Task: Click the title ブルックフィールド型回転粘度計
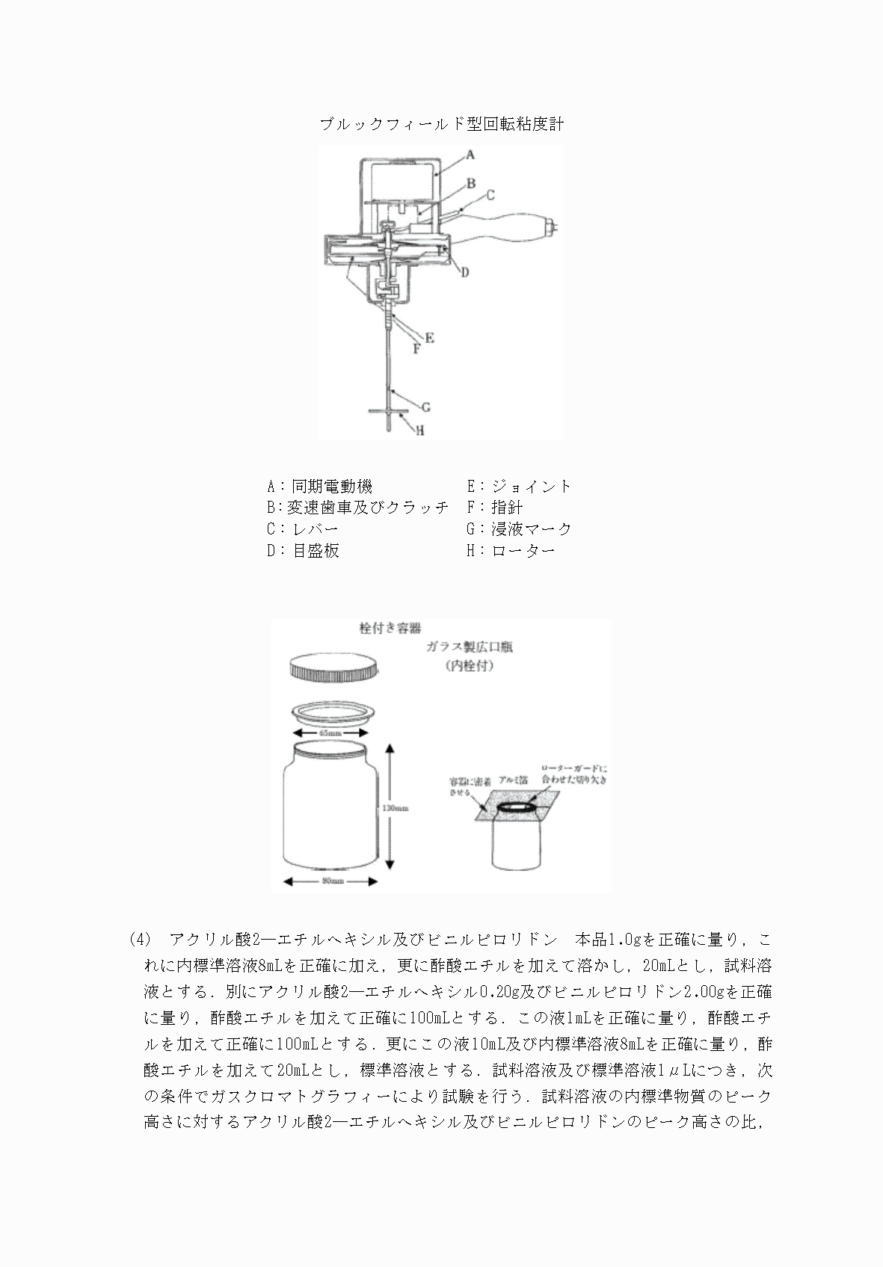(441, 124)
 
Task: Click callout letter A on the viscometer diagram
(470, 155)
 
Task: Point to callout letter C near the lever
(490, 195)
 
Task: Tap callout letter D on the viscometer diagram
(464, 273)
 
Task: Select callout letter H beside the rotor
(420, 431)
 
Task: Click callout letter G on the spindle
(425, 407)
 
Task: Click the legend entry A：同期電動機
(319, 486)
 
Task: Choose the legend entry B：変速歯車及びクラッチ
(357, 508)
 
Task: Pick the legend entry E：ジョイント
(519, 486)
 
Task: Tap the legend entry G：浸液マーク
(519, 529)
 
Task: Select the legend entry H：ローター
(511, 551)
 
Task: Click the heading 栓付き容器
(390, 628)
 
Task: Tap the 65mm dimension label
(330, 733)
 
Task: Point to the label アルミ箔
(513, 779)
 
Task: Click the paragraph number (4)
(140, 939)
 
